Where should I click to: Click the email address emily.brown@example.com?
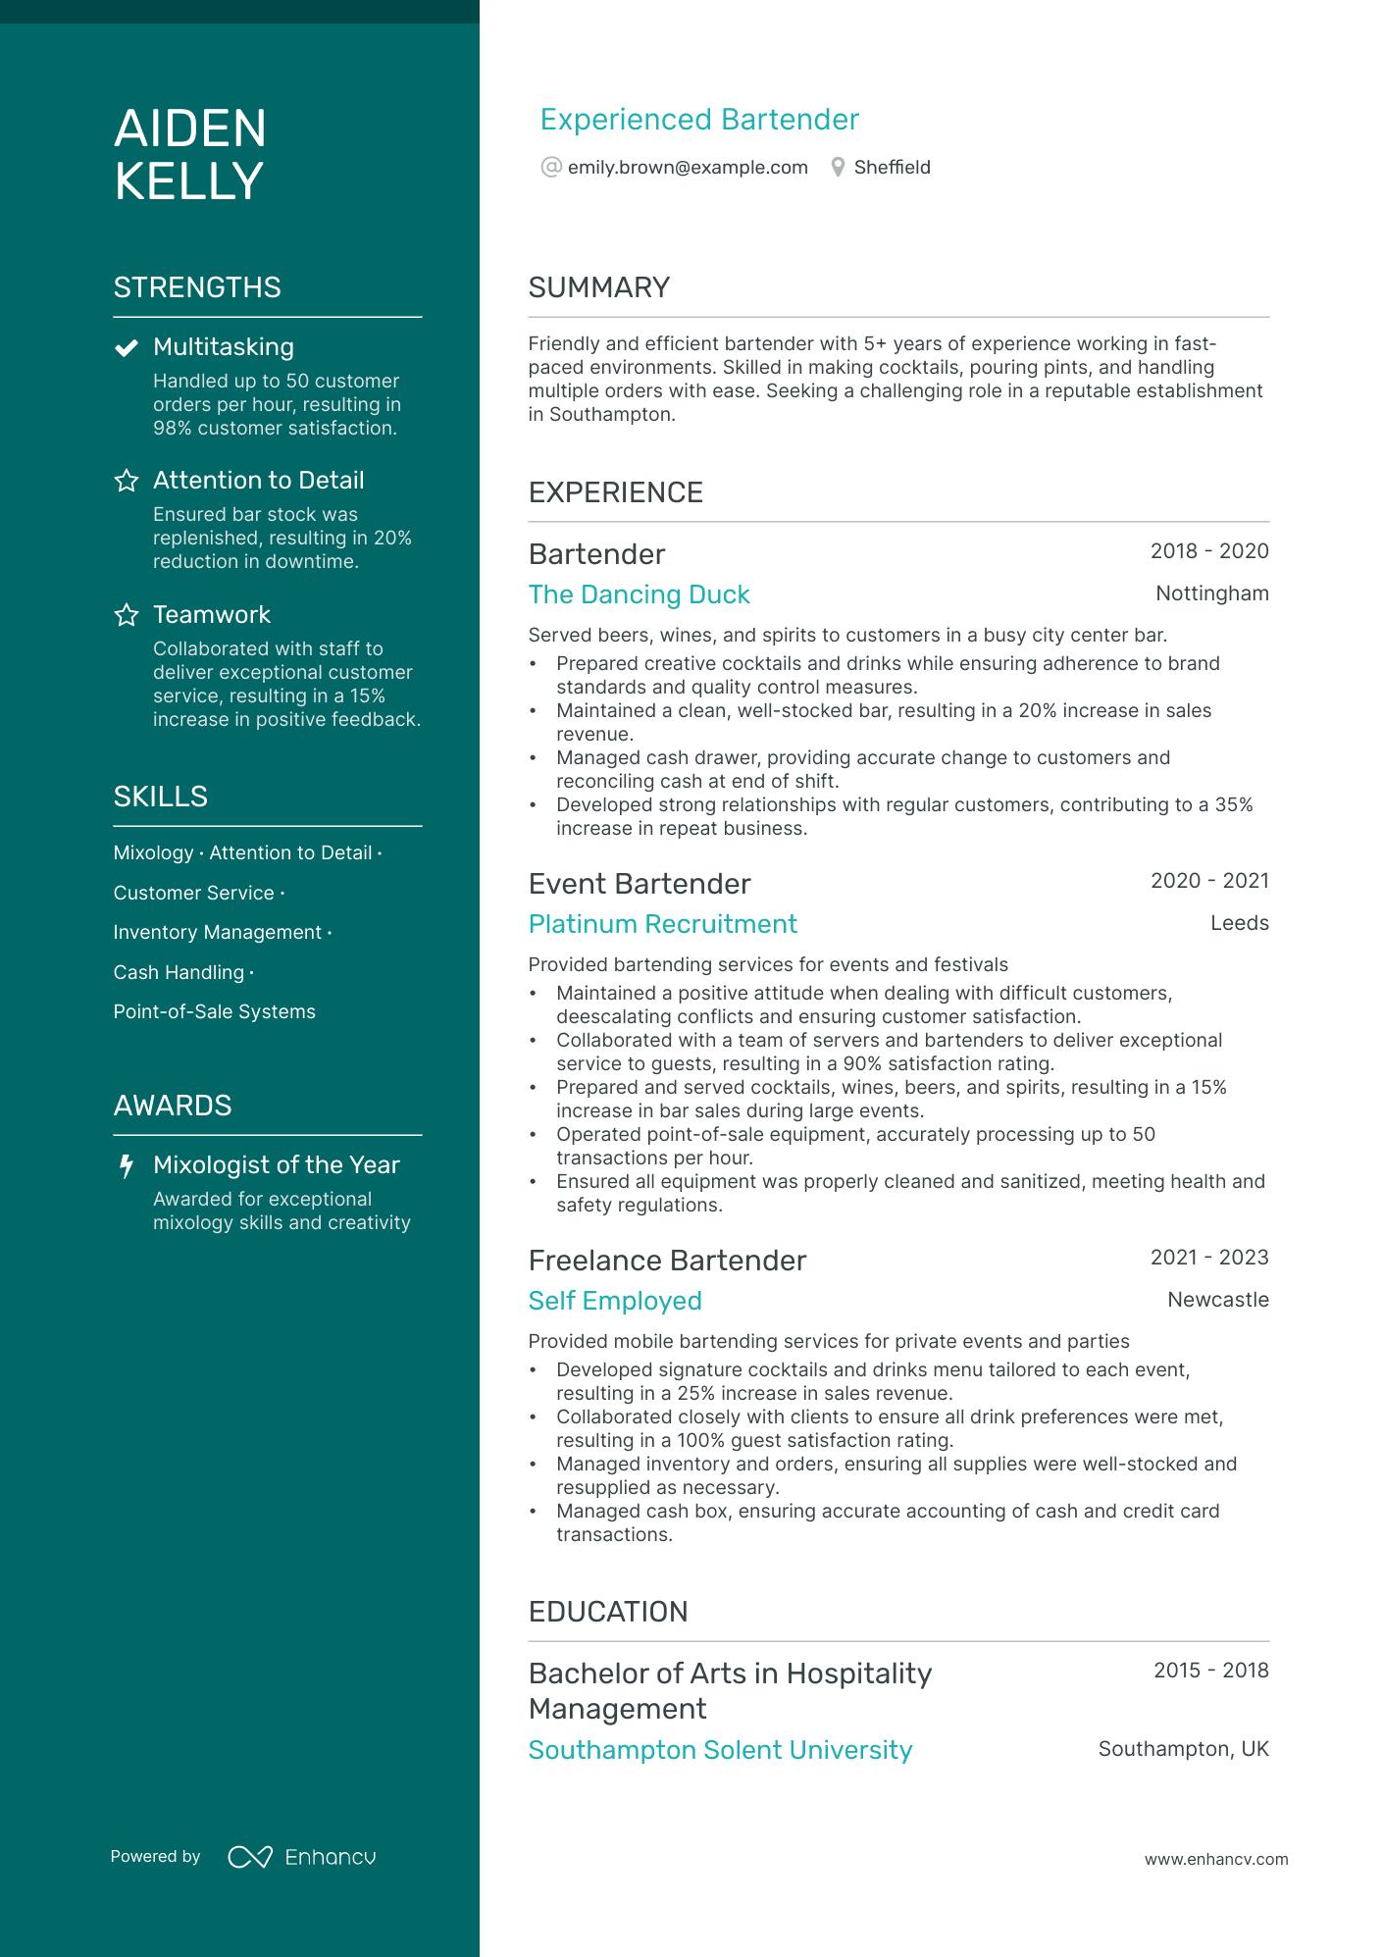pyautogui.click(x=687, y=168)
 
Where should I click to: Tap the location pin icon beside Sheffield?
pyautogui.click(x=838, y=168)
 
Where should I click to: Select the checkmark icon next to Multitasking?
pyautogui.click(x=127, y=348)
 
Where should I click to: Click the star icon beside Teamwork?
pyautogui.click(x=127, y=615)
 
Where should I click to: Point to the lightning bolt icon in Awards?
pyautogui.click(x=127, y=1165)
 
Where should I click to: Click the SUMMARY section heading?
pyautogui.click(x=598, y=287)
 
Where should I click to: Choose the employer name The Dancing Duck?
pyautogui.click(x=639, y=594)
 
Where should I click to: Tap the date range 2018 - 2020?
pyautogui.click(x=1208, y=551)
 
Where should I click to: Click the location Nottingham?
pyautogui.click(x=1211, y=593)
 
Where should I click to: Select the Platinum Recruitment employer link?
pyautogui.click(x=662, y=924)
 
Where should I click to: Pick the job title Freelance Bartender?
pyautogui.click(x=667, y=1261)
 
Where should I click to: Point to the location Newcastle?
pyautogui.click(x=1217, y=1300)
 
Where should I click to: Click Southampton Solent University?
pyautogui.click(x=720, y=1750)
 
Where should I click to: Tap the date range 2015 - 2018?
pyautogui.click(x=1210, y=1671)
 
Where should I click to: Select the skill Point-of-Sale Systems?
pyautogui.click(x=214, y=1011)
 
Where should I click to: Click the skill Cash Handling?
pyautogui.click(x=179, y=972)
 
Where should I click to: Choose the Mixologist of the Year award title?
pyautogui.click(x=276, y=1165)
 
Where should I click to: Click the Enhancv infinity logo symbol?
pyautogui.click(x=250, y=1857)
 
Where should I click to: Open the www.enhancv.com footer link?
pyautogui.click(x=1215, y=1859)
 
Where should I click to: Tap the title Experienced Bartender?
pyautogui.click(x=699, y=120)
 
